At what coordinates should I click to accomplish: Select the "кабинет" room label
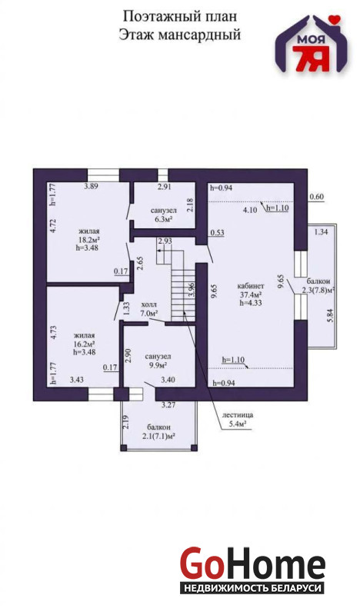point(250,286)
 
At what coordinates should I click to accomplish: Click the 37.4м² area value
point(251,294)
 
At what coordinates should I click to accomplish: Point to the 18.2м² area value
point(88,239)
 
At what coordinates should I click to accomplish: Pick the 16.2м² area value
point(84,344)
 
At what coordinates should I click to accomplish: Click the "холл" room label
point(148,304)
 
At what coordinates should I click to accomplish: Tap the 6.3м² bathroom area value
point(164,219)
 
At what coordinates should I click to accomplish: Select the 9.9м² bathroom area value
point(158,365)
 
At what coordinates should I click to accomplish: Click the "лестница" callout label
point(237,414)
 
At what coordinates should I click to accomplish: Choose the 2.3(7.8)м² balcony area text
point(318,291)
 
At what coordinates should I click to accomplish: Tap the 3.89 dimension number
point(91,186)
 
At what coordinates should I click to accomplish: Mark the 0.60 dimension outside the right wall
point(316,197)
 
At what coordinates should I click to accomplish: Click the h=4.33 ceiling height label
point(251,302)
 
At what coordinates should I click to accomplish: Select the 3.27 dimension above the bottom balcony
point(168,405)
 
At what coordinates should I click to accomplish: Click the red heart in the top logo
point(335,18)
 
